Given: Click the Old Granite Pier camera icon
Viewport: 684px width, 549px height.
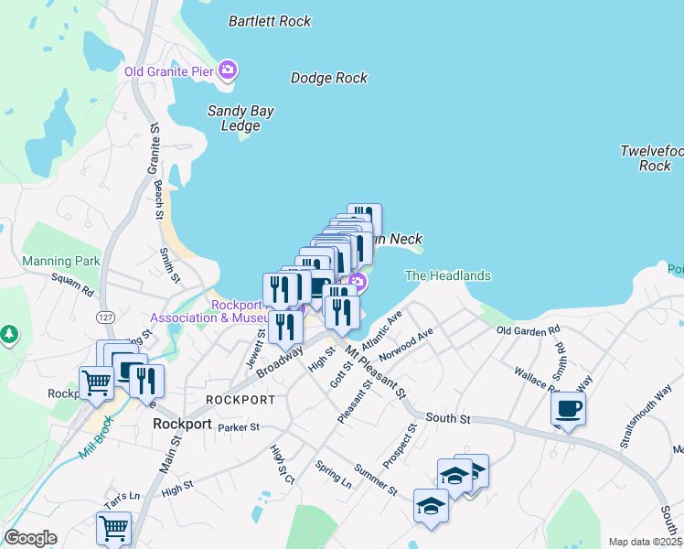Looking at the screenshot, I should [228, 70].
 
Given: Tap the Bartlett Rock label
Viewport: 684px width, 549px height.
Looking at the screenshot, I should [270, 21].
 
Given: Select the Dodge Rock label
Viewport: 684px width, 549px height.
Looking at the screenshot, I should [329, 78].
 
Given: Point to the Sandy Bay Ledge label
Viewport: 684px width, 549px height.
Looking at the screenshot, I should [240, 118].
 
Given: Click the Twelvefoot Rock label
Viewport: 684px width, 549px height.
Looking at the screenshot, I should [653, 158].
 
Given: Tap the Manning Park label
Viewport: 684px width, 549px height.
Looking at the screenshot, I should [61, 261].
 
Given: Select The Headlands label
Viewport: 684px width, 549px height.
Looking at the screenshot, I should [448, 275].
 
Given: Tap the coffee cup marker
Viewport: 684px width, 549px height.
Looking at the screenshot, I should [568, 408].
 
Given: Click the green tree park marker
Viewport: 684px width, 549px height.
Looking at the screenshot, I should [10, 334].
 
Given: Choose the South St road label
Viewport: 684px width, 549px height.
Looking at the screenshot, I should [447, 418].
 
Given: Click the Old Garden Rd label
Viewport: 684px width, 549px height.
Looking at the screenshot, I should [528, 330].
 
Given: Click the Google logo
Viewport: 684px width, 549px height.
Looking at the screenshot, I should [31, 538].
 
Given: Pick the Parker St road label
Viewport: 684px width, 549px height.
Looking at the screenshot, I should [240, 426].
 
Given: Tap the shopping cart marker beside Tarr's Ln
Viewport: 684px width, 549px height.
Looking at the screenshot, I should [113, 527].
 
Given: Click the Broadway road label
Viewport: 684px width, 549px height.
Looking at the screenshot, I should [280, 361].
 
